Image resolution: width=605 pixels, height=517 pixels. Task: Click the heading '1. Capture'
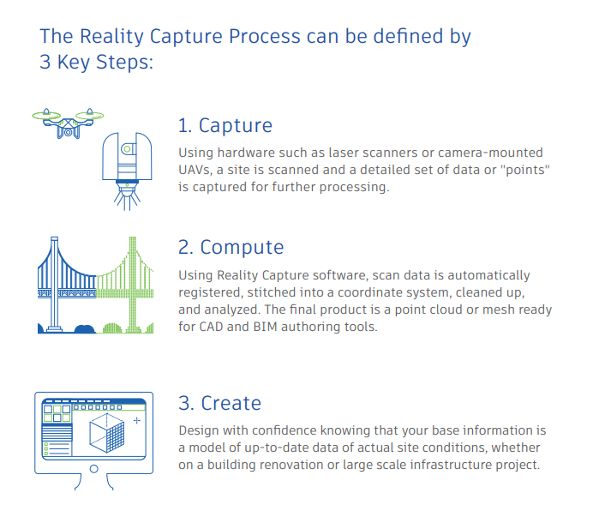[225, 125]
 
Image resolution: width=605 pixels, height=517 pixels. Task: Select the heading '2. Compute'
[231, 247]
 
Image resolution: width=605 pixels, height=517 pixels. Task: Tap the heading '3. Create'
[220, 403]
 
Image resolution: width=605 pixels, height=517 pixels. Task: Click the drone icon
[68, 123]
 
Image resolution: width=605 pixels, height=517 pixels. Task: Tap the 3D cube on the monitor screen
[107, 433]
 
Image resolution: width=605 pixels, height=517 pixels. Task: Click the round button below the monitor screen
[93, 469]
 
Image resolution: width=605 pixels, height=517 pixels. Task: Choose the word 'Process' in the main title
[265, 37]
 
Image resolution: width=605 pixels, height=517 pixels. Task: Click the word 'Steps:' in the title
[124, 63]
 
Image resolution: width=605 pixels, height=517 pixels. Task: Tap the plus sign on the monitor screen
[137, 420]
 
